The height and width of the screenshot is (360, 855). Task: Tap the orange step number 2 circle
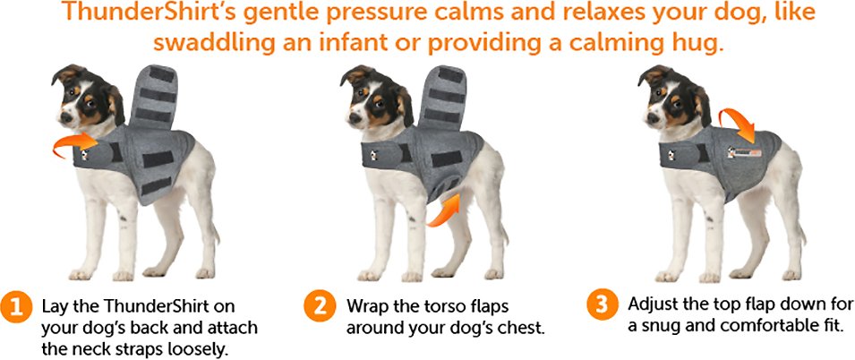pos(319,306)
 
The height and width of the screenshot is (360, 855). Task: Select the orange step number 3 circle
pos(602,304)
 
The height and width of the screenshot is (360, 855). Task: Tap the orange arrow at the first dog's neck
pos(74,144)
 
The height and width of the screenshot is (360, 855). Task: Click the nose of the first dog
pos(64,116)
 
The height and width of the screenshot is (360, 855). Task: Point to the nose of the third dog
pos(651,116)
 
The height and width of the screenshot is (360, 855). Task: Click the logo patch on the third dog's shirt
pos(744,152)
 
